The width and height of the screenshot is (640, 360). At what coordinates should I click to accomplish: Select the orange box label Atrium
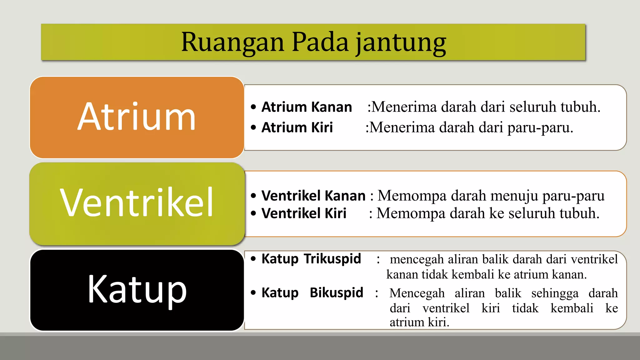pos(137,117)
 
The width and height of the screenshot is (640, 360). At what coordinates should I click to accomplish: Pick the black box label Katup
pos(137,289)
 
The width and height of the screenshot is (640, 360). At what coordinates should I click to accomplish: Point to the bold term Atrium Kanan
pos(307,107)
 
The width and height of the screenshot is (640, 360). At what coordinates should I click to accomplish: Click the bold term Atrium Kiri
pos(297,127)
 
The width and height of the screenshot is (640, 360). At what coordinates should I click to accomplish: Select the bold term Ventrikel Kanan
pos(313,196)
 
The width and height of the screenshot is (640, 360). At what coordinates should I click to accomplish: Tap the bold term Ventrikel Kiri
pos(304,213)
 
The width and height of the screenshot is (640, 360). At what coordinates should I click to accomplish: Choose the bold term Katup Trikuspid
pos(311,259)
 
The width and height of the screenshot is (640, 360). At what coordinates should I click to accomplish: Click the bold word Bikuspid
pos(336,293)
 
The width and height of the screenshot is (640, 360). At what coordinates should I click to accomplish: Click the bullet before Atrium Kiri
pos(253,127)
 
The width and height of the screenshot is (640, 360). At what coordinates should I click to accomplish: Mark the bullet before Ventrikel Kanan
pos(253,196)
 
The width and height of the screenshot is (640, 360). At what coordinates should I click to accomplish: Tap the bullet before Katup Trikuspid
pos(253,259)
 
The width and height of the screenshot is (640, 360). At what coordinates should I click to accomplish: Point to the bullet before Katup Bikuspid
pos(253,293)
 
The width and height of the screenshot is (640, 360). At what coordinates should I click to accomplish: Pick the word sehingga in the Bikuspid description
pos(555,293)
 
